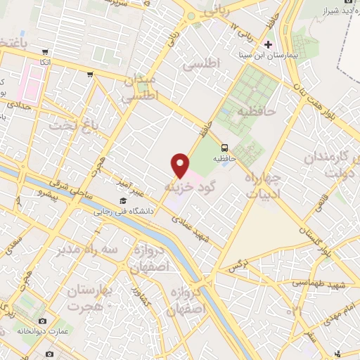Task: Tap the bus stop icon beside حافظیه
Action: tap(224, 148)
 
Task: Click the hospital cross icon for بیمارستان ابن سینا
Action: tap(268, 44)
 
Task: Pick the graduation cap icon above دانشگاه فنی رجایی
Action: tap(122, 202)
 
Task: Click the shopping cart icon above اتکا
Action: tap(46, 52)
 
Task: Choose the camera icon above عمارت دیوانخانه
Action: tap(42, 321)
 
